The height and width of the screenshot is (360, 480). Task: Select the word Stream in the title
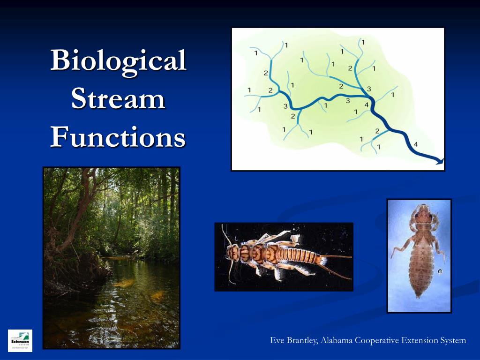[x=118, y=100]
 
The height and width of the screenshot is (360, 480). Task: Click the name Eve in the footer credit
[x=278, y=340]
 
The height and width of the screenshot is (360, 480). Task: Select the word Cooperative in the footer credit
[x=377, y=340]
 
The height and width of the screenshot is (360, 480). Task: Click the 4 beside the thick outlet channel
[x=415, y=143]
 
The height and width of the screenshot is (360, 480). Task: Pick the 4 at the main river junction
[x=366, y=104]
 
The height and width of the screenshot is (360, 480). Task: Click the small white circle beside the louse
[x=440, y=271]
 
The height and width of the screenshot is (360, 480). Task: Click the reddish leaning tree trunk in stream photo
[x=84, y=197]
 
